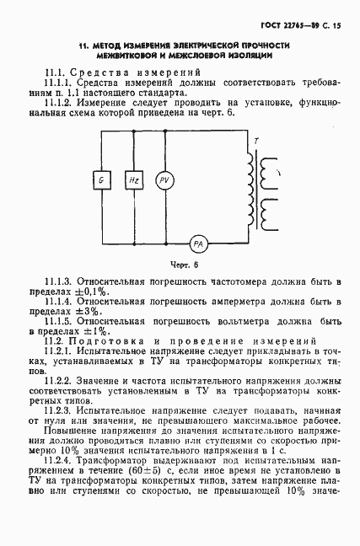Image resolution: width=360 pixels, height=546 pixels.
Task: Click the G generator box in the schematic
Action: coord(101,180)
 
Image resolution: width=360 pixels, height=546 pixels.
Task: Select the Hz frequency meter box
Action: coord(133,180)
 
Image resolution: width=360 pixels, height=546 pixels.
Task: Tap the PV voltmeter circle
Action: coord(164,180)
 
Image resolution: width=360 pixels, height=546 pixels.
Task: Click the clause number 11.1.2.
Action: coord(61,102)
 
